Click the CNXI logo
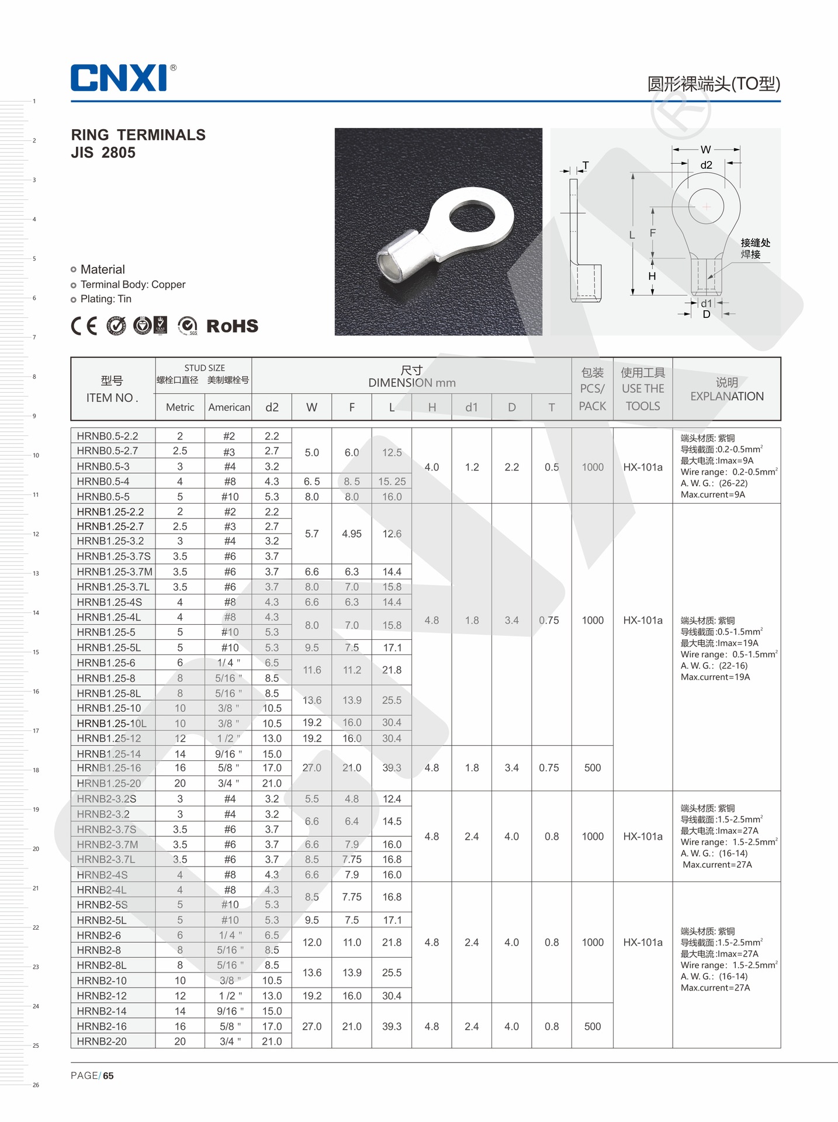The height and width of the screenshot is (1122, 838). pyautogui.click(x=120, y=78)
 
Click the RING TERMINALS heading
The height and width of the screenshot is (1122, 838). pyautogui.click(x=138, y=135)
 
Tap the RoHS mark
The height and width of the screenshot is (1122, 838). pyautogui.click(x=232, y=326)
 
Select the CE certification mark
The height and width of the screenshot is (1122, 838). pyautogui.click(x=84, y=325)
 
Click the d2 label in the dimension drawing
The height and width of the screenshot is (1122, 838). pyautogui.click(x=706, y=165)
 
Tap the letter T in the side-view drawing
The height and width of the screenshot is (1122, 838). pyautogui.click(x=586, y=166)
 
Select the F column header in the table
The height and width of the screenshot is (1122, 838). pyautogui.click(x=352, y=407)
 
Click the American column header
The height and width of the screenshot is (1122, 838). pyautogui.click(x=229, y=407)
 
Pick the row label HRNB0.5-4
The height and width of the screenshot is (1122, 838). pyautogui.click(x=103, y=482)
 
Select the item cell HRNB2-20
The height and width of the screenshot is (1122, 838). pyautogui.click(x=102, y=1041)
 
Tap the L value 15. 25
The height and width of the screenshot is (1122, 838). pyautogui.click(x=392, y=482)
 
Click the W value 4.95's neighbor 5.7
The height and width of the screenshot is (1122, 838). pyautogui.click(x=312, y=534)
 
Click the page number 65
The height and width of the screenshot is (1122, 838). pyautogui.click(x=109, y=1076)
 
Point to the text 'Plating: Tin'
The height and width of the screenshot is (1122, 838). pyautogui.click(x=106, y=299)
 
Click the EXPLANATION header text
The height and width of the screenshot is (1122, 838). pyautogui.click(x=726, y=396)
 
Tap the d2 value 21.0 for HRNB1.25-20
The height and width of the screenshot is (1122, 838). pyautogui.click(x=272, y=783)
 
